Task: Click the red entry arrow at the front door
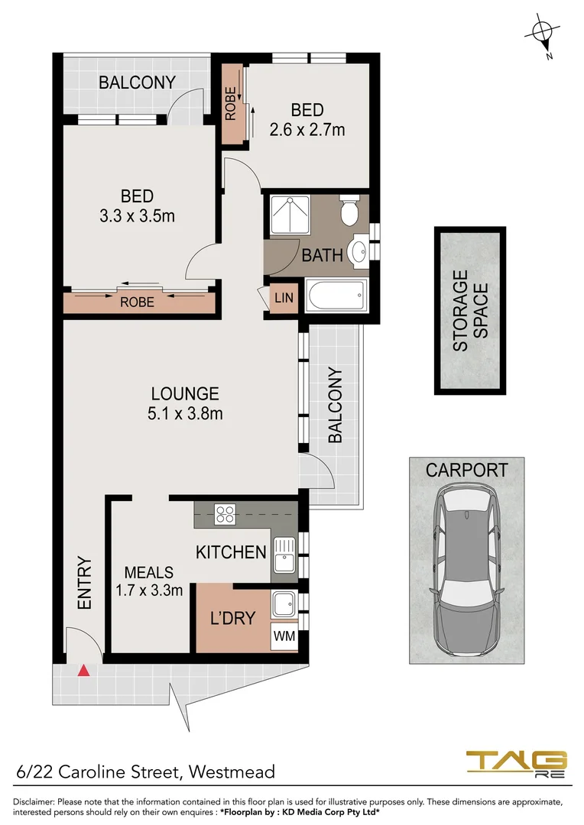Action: click(x=84, y=671)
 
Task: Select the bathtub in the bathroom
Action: click(x=336, y=295)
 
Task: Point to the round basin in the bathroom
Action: click(x=357, y=251)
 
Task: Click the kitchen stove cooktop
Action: click(x=225, y=514)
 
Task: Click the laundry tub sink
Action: click(x=284, y=604)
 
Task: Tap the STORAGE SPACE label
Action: click(x=469, y=311)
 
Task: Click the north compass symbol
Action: click(x=543, y=32)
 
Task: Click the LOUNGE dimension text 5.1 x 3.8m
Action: click(x=185, y=414)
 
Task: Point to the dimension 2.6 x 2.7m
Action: click(x=307, y=130)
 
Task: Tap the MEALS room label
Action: click(x=149, y=572)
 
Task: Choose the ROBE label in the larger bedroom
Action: click(x=138, y=302)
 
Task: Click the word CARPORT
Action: click(x=466, y=470)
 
